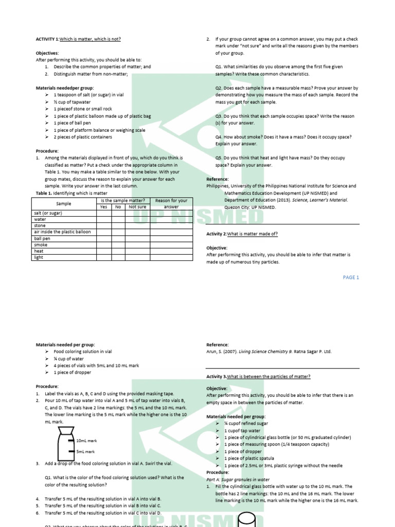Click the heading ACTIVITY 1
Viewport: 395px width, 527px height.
[47, 39]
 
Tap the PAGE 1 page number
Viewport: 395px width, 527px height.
[351, 277]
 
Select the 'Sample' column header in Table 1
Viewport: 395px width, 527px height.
[64, 204]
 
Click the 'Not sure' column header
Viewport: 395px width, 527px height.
[137, 207]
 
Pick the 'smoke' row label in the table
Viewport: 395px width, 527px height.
[41, 245]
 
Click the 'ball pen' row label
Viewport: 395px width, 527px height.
[42, 239]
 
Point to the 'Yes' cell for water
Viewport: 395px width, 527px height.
[103, 219]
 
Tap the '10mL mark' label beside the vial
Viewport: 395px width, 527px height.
[86, 441]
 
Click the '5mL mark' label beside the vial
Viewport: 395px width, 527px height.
[85, 452]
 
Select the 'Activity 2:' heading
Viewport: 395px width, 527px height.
[217, 234]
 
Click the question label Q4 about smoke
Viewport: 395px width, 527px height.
[219, 137]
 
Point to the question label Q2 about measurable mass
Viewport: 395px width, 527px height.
[219, 88]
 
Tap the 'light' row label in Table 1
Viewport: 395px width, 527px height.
[39, 257]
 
